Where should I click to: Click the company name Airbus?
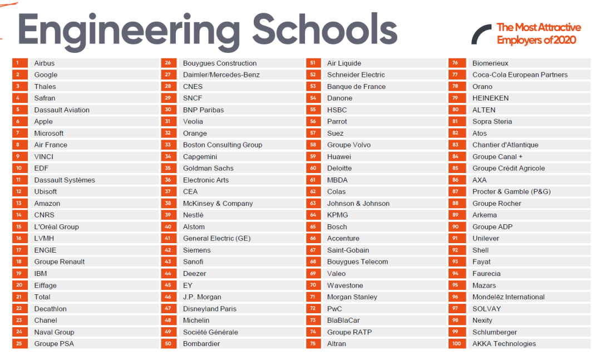click(45, 63)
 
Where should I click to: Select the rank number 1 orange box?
click(19, 63)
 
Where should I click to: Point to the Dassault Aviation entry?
click(62, 110)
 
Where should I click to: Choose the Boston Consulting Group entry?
click(223, 145)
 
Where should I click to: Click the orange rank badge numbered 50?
click(168, 344)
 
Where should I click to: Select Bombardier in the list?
click(201, 344)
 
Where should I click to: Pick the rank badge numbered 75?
click(313, 344)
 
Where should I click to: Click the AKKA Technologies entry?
click(504, 344)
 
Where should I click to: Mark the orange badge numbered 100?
click(456, 344)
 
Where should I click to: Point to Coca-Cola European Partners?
click(520, 75)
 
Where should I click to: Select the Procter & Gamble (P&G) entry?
click(511, 192)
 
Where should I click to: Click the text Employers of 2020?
click(536, 40)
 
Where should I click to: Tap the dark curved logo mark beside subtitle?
click(480, 34)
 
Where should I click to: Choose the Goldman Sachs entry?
click(208, 169)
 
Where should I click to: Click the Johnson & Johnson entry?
click(358, 204)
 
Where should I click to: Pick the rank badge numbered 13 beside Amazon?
click(19, 204)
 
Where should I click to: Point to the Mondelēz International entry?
click(508, 297)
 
